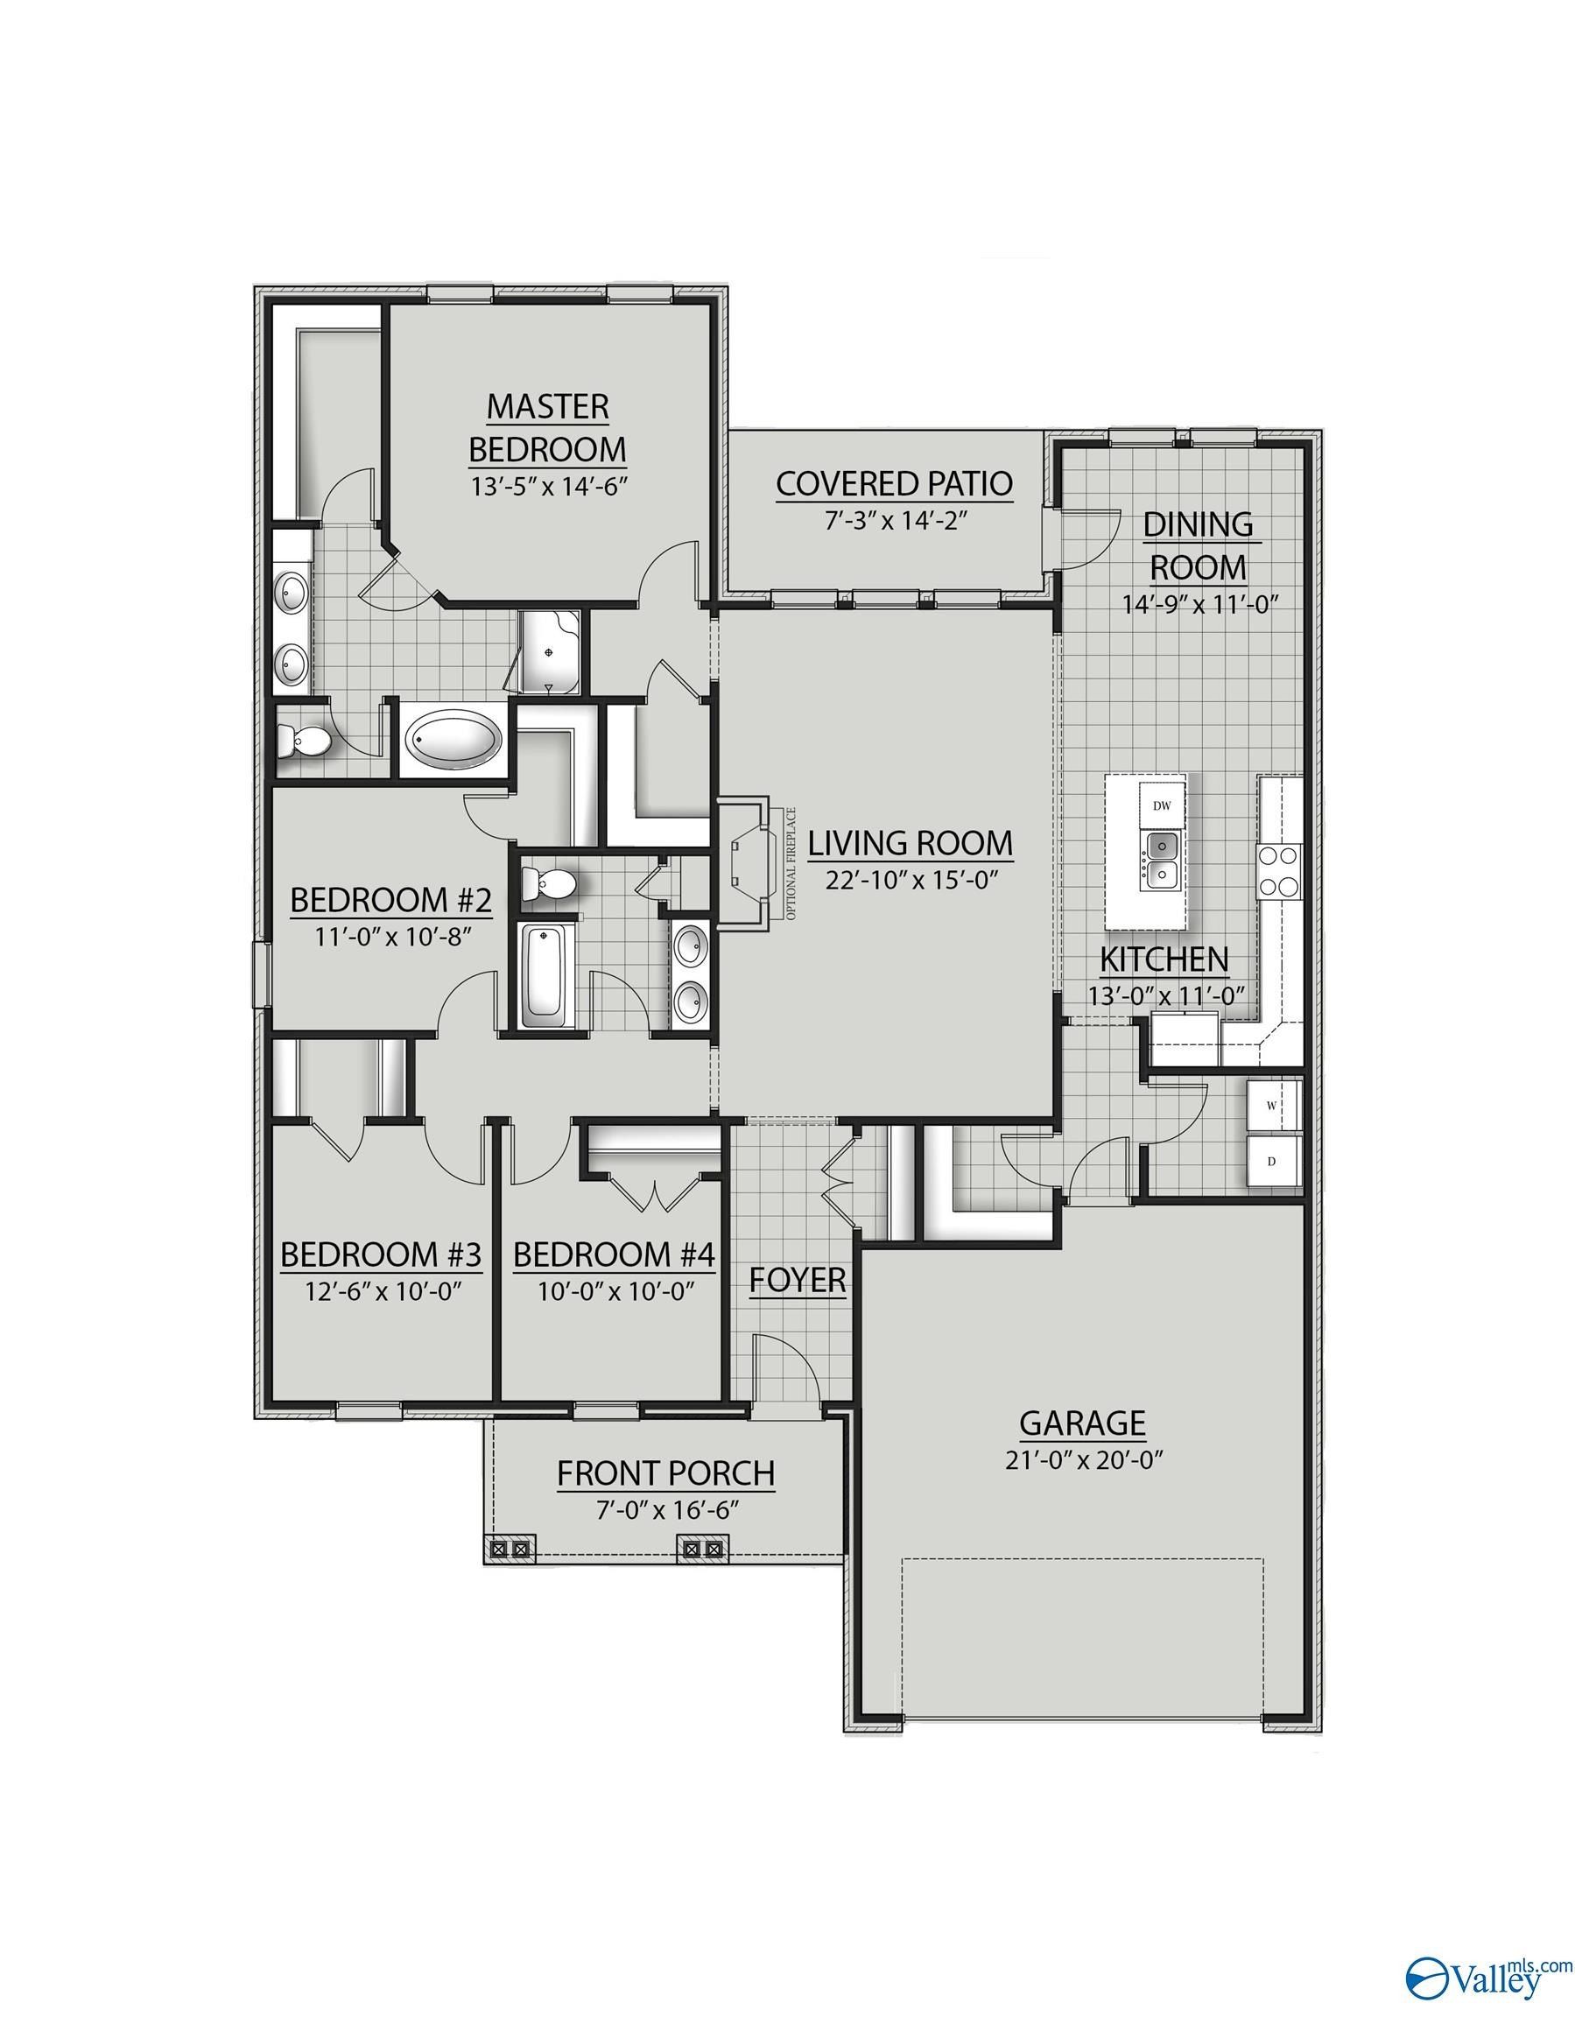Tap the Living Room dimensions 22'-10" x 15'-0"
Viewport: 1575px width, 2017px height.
click(x=909, y=880)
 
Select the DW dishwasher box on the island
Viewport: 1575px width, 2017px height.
click(x=1161, y=805)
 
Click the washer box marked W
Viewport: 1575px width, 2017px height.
click(x=1272, y=1104)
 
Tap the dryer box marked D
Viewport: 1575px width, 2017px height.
click(x=1272, y=1162)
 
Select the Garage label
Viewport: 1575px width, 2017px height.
click(x=1083, y=1423)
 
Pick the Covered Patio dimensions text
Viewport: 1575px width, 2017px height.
click(x=894, y=521)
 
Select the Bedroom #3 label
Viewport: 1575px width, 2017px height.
click(x=381, y=1255)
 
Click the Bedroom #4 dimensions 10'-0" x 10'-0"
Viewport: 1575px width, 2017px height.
click(x=615, y=1291)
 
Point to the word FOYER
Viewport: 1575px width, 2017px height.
click(x=798, y=1280)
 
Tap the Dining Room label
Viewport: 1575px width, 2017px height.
click(x=1199, y=545)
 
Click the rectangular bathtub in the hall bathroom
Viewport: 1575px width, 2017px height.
click(x=547, y=974)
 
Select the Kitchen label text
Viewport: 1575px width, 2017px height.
click(x=1163, y=960)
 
